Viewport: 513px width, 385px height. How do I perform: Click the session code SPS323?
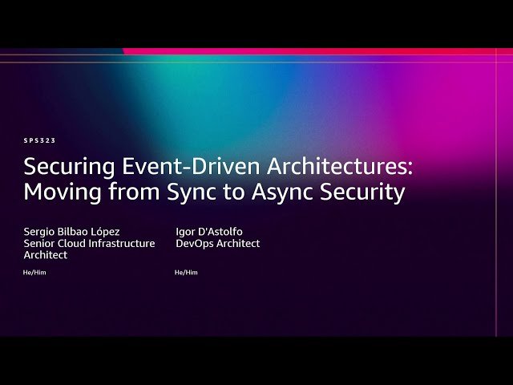tap(39, 141)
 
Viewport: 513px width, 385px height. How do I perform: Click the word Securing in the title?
tap(70, 168)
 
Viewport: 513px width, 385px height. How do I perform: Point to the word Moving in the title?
tap(63, 192)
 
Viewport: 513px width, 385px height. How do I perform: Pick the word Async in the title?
tap(282, 192)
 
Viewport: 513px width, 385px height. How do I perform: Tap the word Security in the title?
tap(362, 192)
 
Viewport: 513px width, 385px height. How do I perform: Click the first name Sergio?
tap(39, 232)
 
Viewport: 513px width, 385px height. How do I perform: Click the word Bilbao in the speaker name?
tap(73, 232)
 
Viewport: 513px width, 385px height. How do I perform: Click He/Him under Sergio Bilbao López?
tap(34, 273)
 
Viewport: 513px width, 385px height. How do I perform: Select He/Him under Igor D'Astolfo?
tap(186, 273)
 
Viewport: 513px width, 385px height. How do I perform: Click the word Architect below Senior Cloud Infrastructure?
tap(46, 255)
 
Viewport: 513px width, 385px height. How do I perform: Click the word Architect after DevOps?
tap(238, 243)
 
